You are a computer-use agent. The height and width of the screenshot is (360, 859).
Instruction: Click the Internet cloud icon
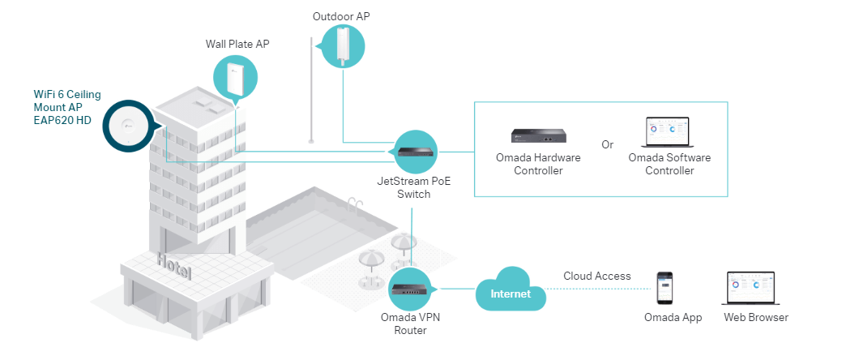coord(511,293)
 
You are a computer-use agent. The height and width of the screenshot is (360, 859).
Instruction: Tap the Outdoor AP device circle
coord(342,46)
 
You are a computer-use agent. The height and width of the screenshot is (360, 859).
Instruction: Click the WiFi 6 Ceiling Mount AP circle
coord(126,126)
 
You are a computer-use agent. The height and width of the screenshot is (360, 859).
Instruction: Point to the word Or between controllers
coord(607,144)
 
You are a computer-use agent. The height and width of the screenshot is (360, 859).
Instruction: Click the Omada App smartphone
coord(665,286)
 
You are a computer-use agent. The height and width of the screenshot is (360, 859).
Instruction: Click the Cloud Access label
coord(597,276)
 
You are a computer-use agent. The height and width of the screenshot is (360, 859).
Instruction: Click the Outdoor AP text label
coord(341,16)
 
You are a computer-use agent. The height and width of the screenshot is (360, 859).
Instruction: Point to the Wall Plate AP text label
coord(237,44)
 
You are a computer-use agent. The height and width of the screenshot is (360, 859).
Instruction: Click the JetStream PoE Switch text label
coord(413,187)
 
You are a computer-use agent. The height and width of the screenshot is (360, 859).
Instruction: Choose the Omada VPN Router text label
coord(414,324)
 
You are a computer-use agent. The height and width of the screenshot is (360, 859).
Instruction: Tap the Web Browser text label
coord(755,317)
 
